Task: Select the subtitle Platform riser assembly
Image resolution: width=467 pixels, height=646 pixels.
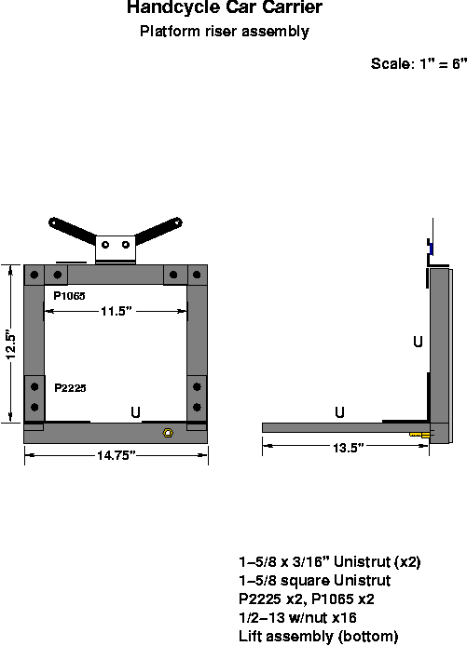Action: click(x=224, y=32)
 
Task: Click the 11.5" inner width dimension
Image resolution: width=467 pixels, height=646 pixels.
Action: click(x=116, y=312)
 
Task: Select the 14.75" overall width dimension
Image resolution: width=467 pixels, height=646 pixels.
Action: click(x=115, y=454)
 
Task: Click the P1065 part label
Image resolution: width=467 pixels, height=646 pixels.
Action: click(x=69, y=295)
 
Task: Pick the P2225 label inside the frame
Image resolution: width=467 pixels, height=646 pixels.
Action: click(x=70, y=387)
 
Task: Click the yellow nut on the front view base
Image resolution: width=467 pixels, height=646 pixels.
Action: click(x=166, y=433)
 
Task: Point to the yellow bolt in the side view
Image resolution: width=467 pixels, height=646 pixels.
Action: click(x=419, y=434)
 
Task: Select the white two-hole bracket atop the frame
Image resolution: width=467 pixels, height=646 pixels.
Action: click(x=117, y=247)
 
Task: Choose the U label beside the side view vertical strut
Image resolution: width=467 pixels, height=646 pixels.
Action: click(x=418, y=343)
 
